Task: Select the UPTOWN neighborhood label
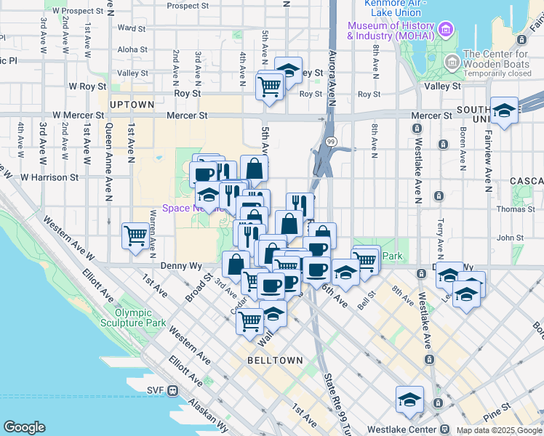coord(132,105)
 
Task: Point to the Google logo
coord(24,427)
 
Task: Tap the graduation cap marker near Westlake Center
coord(409,400)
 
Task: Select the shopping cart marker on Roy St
coord(270,86)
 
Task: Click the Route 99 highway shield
coord(331,142)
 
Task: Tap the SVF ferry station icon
coord(173,389)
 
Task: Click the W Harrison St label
coord(49,177)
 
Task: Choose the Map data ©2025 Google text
coord(498,430)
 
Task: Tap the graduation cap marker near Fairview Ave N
coord(504,110)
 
